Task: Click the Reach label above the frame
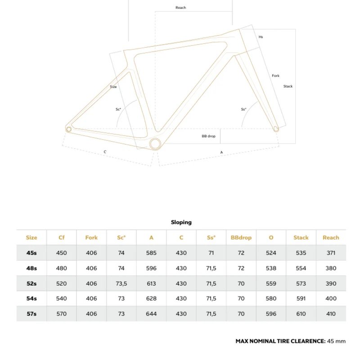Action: click(x=180, y=8)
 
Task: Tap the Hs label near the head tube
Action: click(x=261, y=37)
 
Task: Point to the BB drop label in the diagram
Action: click(x=208, y=136)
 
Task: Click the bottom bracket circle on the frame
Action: click(x=155, y=144)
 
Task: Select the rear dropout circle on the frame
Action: click(x=69, y=129)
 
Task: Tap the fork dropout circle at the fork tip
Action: click(x=276, y=129)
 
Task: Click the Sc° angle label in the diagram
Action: click(x=118, y=109)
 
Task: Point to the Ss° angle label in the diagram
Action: click(x=243, y=109)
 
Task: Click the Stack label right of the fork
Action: click(x=288, y=86)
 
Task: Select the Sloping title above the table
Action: click(x=181, y=222)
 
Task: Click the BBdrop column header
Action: click(x=241, y=238)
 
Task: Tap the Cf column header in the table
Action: click(x=62, y=238)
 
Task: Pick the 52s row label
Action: click(x=31, y=283)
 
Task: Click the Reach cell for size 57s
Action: click(x=331, y=314)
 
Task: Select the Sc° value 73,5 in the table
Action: click(x=121, y=283)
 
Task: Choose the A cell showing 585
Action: click(x=151, y=253)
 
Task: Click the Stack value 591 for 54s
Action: click(x=301, y=298)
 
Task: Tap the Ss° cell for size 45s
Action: click(x=211, y=253)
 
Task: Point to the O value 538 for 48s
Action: click(x=271, y=268)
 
